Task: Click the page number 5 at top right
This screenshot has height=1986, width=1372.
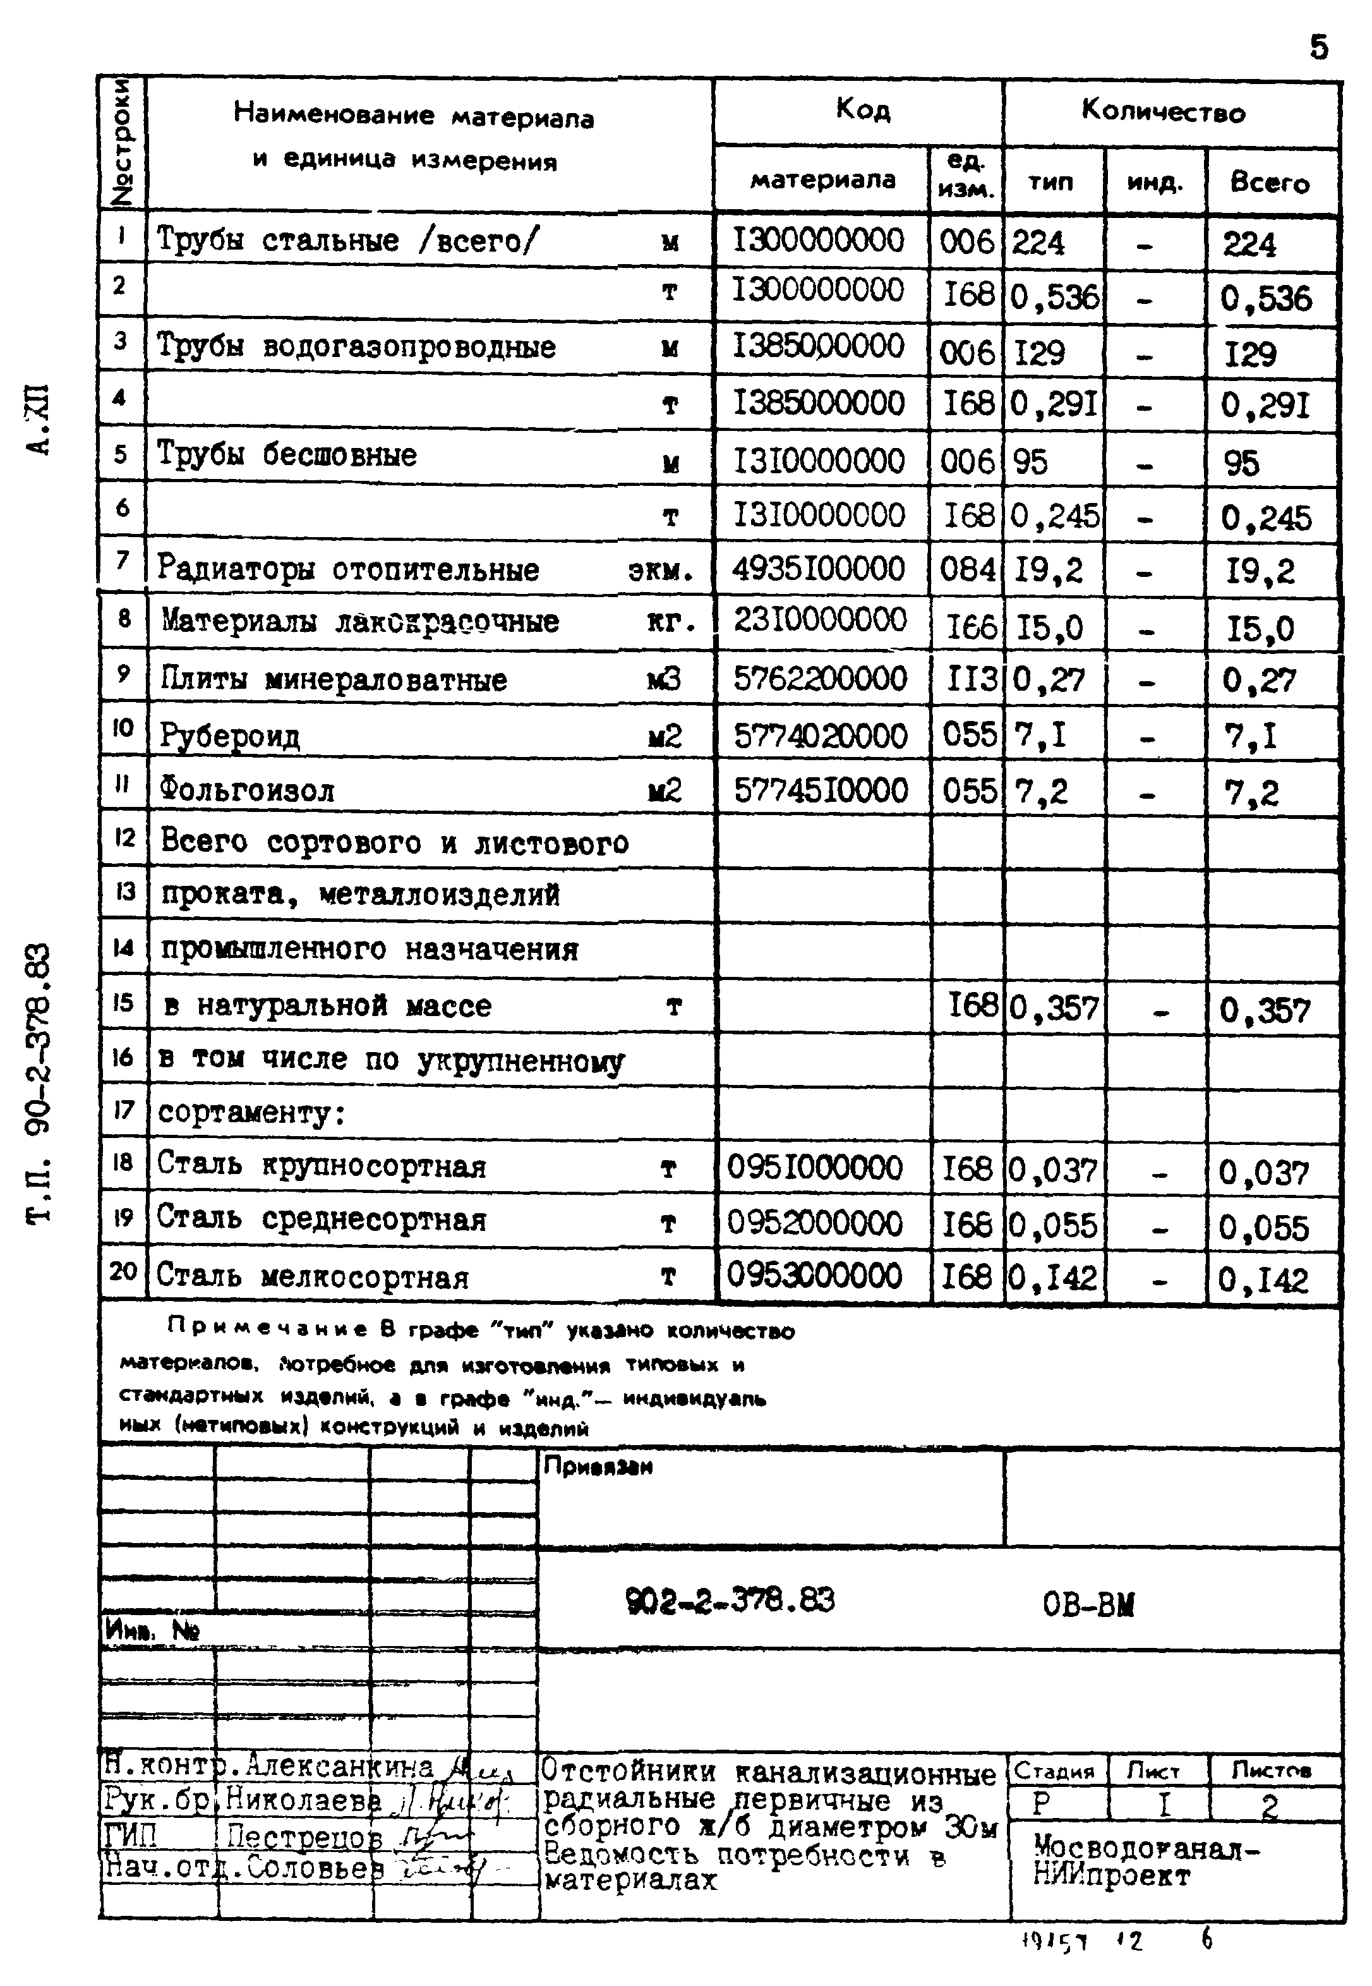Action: coord(1318,47)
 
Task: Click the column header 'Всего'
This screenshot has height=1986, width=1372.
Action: coord(1270,182)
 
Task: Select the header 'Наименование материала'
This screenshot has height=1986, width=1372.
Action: coord(414,116)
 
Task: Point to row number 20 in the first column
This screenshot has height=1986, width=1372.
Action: coord(123,1271)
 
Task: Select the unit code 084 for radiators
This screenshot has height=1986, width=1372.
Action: coord(967,570)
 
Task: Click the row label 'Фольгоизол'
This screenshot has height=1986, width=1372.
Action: coord(247,789)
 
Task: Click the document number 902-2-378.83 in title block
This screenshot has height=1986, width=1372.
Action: coord(730,1601)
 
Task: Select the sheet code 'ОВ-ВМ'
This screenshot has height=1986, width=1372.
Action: coord(1088,1604)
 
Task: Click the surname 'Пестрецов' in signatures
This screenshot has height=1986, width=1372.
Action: coord(303,1838)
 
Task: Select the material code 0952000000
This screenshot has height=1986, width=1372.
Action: coord(814,1223)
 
